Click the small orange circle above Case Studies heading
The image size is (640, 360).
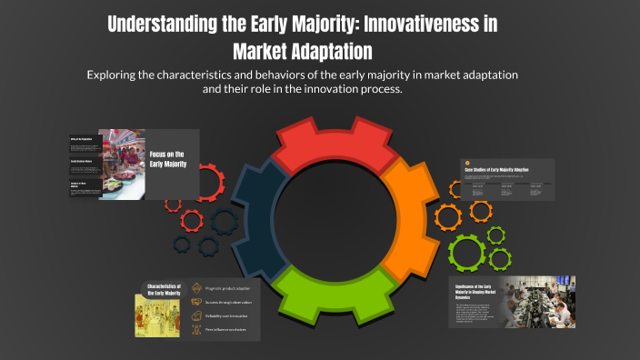coord(467,164)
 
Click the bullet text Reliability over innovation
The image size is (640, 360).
coord(226,315)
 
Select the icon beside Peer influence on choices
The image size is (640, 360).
coord(197,330)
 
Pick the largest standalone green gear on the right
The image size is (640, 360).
coord(468,250)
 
